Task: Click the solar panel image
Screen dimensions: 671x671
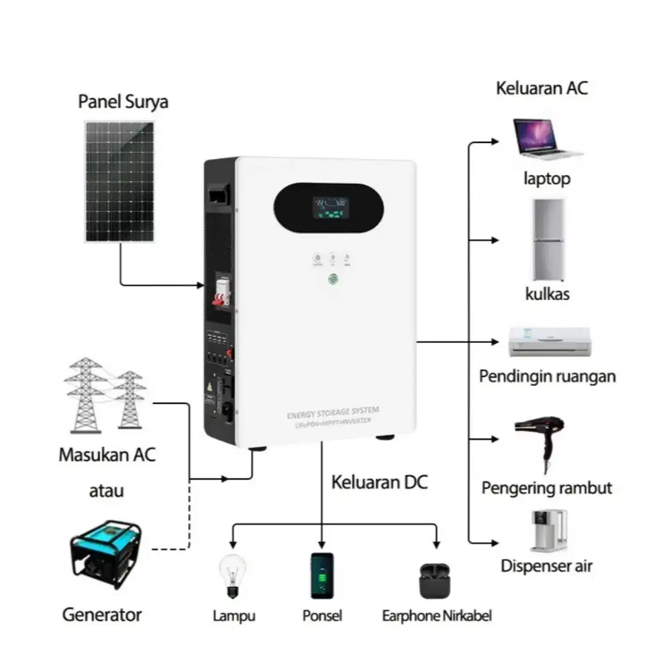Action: point(119,181)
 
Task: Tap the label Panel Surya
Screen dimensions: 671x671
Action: point(123,102)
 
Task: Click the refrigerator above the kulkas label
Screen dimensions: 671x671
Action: point(547,240)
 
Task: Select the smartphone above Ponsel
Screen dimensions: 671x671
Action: point(322,575)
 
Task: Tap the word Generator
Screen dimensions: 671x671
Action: point(102,614)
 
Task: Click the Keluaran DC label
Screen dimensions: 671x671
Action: point(379,482)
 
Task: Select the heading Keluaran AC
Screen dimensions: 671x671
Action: point(541,88)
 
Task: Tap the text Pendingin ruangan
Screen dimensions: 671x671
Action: point(547,376)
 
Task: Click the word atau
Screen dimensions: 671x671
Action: point(107,491)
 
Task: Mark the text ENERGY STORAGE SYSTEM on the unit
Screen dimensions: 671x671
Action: point(332,410)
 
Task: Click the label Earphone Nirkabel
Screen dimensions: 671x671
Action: point(437,616)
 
